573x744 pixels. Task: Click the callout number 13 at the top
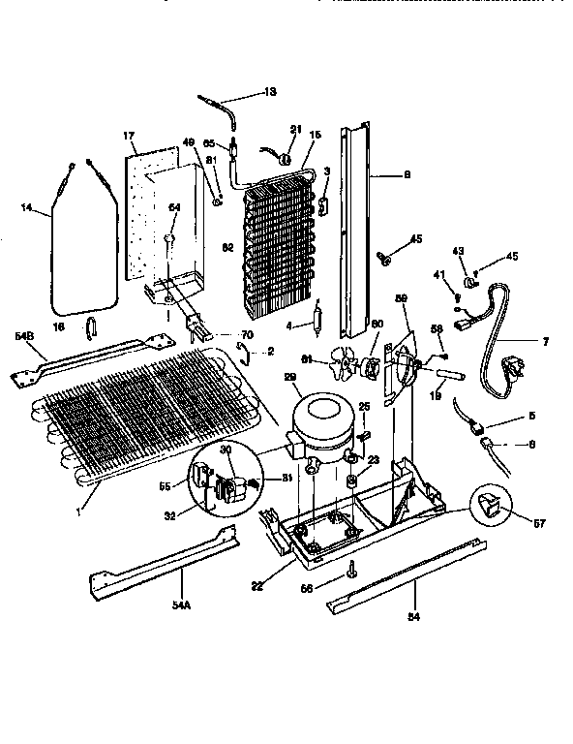tap(270, 92)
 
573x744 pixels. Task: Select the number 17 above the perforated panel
tap(128, 137)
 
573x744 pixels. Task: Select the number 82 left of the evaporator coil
tap(228, 248)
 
